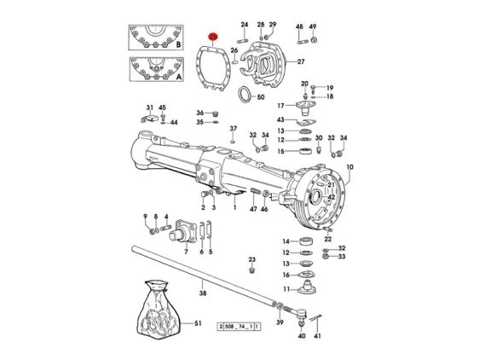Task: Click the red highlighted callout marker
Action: click(212, 37)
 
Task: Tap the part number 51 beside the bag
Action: click(198, 323)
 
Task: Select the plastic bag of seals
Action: click(158, 309)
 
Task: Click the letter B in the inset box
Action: click(178, 44)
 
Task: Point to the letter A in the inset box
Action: click(179, 77)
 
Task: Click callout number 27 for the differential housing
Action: click(301, 61)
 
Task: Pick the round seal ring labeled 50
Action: click(245, 95)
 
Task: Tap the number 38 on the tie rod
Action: click(203, 293)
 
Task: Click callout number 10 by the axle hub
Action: click(349, 167)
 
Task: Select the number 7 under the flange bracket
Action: click(186, 252)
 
